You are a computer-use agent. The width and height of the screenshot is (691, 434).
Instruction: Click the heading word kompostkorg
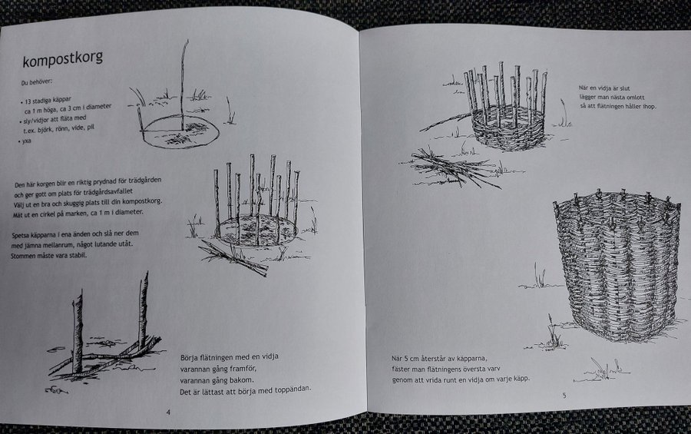pyautogui.click(x=63, y=59)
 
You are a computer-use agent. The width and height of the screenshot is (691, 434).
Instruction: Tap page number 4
pyautogui.click(x=168, y=412)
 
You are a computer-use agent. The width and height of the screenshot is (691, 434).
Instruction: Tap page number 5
pyautogui.click(x=564, y=395)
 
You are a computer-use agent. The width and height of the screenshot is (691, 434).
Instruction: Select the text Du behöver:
pyautogui.click(x=37, y=82)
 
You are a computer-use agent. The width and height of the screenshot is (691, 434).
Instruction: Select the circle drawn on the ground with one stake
pyautogui.click(x=180, y=132)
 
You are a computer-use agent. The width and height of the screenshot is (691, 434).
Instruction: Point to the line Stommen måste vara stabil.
pyautogui.click(x=49, y=256)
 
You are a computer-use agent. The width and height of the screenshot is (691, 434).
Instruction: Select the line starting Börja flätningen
pyautogui.click(x=229, y=357)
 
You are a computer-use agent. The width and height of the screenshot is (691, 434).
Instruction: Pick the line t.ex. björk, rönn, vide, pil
pyautogui.click(x=58, y=129)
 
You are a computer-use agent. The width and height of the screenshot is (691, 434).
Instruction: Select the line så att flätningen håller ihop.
pyautogui.click(x=617, y=106)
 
